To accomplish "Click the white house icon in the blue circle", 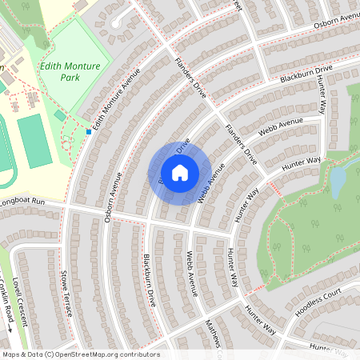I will click(x=180, y=172).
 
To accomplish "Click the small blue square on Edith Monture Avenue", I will click(x=88, y=131).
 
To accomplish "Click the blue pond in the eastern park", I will click(x=338, y=180).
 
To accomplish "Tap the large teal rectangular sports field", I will click(x=33, y=141).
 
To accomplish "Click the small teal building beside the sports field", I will click(x=60, y=116).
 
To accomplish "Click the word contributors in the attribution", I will click(x=140, y=354).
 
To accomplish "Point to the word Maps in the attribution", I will click(x=12, y=354).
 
